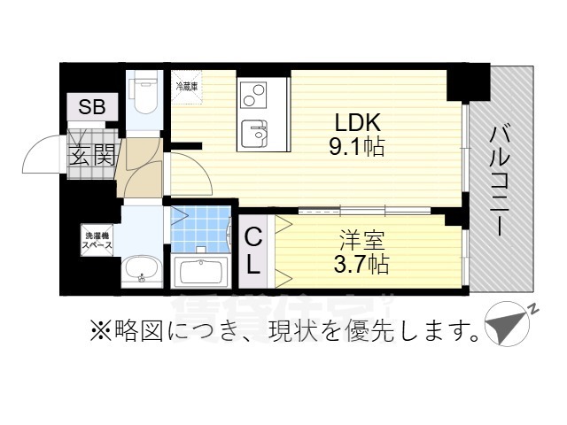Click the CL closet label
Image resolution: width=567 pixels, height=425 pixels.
click(252, 250)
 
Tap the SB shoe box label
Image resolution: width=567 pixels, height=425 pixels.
click(91, 108)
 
